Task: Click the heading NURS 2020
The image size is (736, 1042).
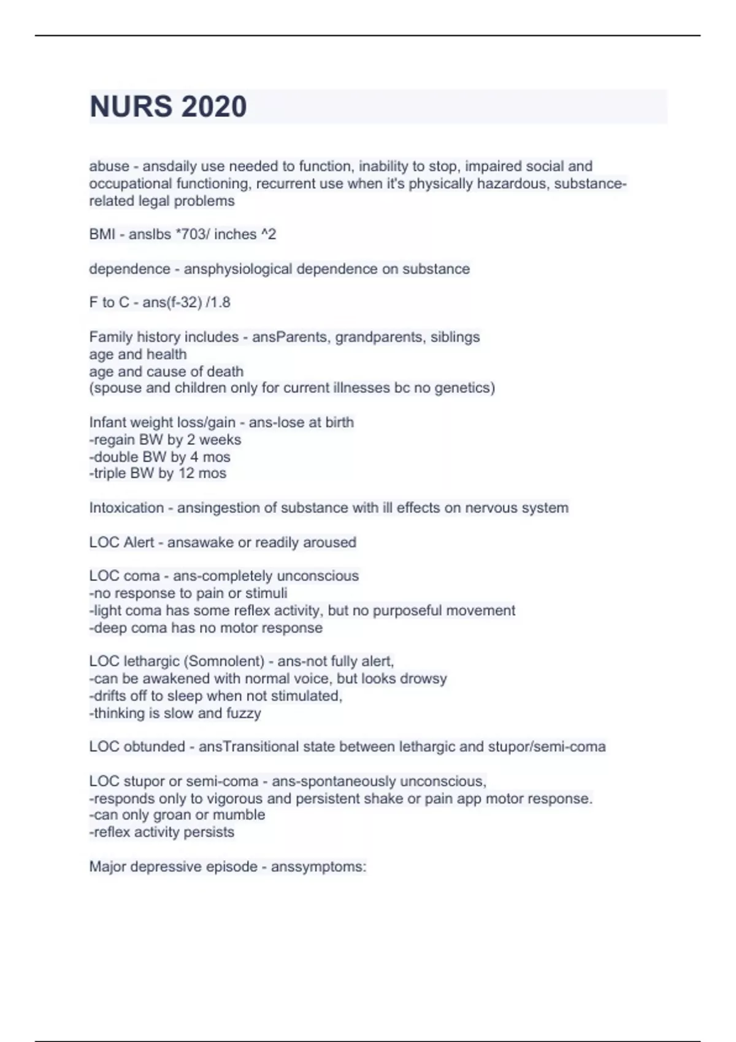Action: (x=168, y=107)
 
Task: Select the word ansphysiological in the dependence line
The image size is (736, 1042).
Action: (x=238, y=269)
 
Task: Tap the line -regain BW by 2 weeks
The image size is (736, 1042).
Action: (x=165, y=439)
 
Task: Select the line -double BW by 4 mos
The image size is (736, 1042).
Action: (x=159, y=457)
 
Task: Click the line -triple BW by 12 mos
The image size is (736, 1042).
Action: (x=158, y=473)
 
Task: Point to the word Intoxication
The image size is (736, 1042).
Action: (x=126, y=508)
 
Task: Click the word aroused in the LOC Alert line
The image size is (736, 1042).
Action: (x=331, y=542)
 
